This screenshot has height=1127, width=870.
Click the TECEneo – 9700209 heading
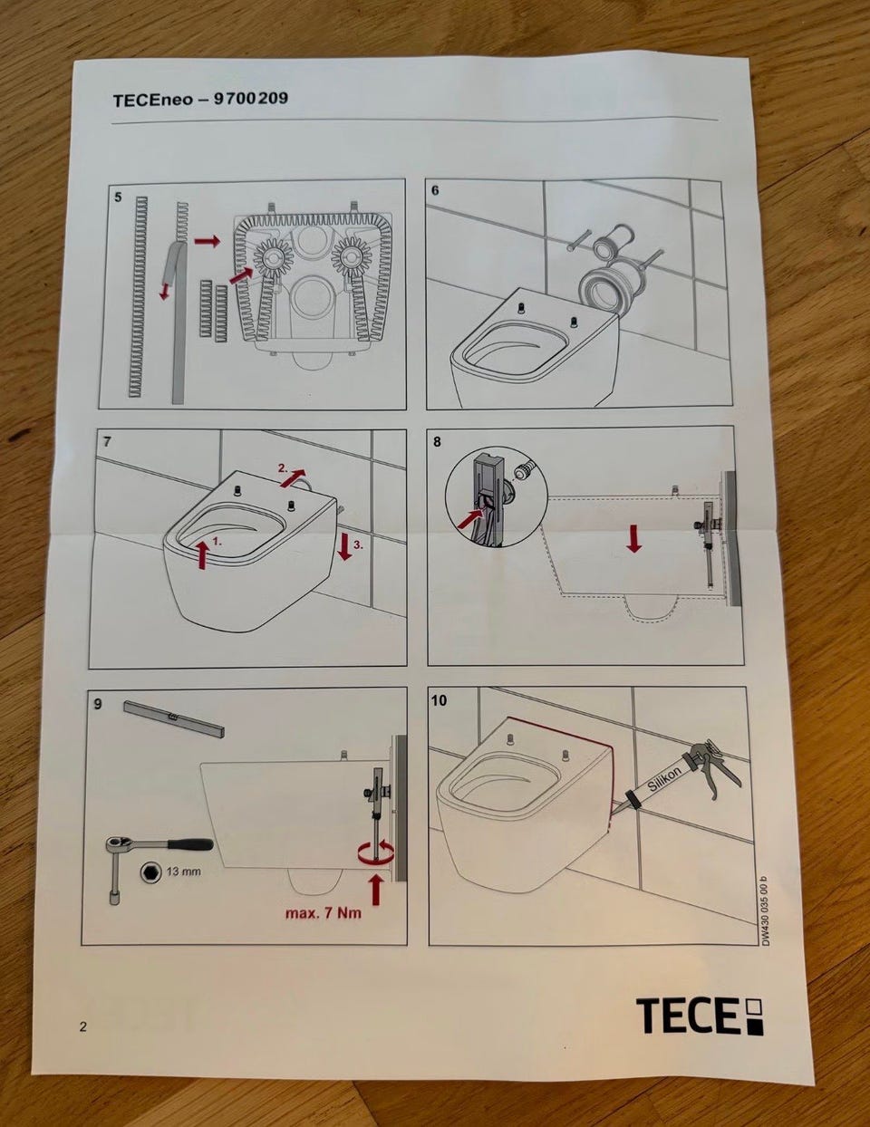tap(200, 99)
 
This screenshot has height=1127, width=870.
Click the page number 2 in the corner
tap(83, 1026)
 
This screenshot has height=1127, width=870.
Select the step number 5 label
tap(118, 197)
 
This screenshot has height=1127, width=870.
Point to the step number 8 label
tap(438, 442)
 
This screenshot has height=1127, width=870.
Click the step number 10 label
tap(439, 700)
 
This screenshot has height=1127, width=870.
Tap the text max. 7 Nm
tap(324, 912)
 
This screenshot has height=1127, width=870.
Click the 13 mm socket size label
tap(183, 871)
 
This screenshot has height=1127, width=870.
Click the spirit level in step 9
tap(174, 718)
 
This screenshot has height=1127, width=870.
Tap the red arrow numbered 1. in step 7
tap(202, 554)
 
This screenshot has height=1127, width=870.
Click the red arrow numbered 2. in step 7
tap(293, 477)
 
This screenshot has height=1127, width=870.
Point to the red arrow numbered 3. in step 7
tap(344, 546)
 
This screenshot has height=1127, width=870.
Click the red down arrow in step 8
tap(633, 539)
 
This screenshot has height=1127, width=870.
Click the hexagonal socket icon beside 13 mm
tap(150, 872)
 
